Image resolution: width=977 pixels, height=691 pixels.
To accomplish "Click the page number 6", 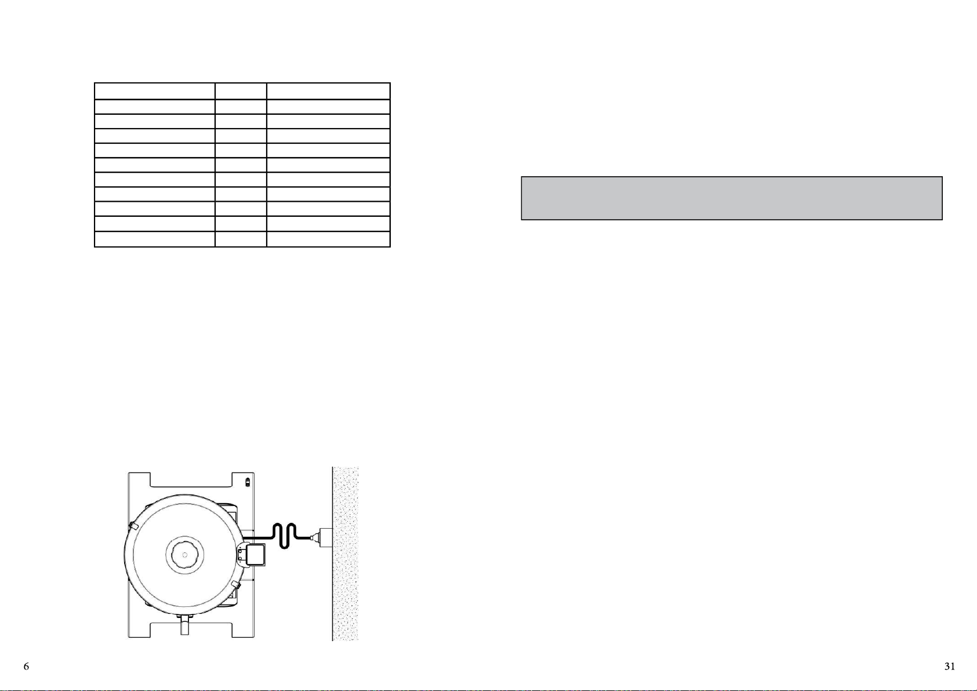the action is (x=26, y=666).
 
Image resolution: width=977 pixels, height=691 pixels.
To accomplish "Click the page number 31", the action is (x=950, y=666).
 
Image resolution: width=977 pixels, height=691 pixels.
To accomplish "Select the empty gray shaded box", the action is (x=732, y=198).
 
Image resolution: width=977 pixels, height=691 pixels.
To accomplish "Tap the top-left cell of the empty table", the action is (x=155, y=91).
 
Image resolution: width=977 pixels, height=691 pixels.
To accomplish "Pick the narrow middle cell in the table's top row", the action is (x=241, y=91).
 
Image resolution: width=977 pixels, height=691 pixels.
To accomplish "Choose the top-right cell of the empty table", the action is (x=328, y=91).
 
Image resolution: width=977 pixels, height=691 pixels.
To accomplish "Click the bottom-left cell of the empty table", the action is (x=155, y=239).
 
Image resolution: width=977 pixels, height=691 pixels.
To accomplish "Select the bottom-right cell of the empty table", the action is (x=328, y=239).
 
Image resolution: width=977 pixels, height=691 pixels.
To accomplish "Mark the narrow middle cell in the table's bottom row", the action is (x=241, y=239).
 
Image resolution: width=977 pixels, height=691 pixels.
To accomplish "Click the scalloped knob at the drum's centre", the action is (x=185, y=555).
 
